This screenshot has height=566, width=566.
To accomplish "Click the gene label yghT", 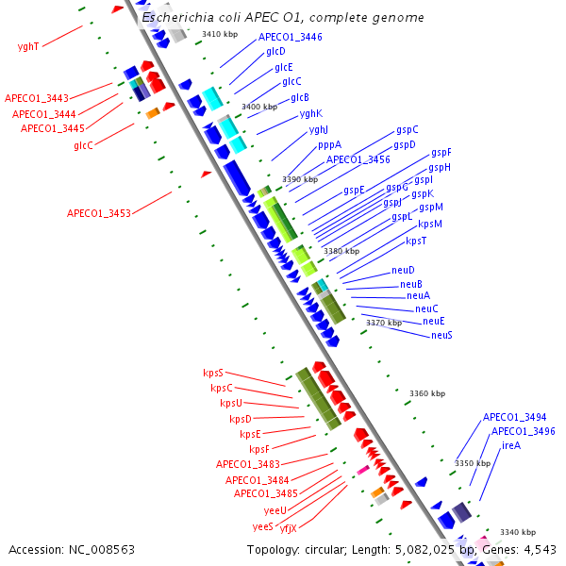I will (28, 46).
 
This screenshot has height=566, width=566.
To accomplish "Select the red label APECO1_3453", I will (98, 213).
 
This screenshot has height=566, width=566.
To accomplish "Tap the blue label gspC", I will (407, 130).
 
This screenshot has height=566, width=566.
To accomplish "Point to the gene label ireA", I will (511, 445).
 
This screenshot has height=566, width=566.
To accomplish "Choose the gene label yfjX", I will (288, 527).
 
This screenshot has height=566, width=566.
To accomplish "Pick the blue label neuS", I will (441, 335).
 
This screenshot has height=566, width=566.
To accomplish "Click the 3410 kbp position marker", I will (218, 34).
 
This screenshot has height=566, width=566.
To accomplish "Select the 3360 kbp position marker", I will (426, 393).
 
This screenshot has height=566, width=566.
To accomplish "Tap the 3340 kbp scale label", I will (517, 532).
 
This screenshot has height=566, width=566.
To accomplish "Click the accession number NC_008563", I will (72, 549).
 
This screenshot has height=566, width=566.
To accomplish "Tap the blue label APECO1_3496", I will (523, 431).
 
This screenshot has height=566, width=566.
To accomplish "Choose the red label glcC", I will (83, 145).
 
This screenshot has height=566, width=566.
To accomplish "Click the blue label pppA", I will (329, 145).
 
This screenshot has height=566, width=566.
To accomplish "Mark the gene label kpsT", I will (416, 241).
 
